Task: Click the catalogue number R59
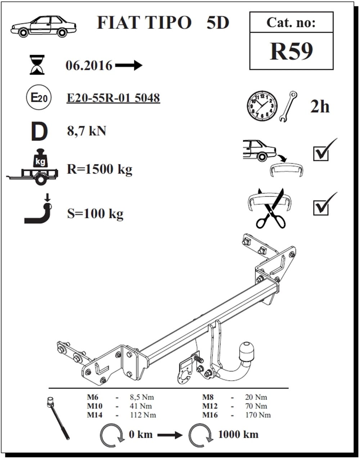click(x=291, y=51)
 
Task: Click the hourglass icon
click(x=37, y=65)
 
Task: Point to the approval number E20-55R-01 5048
click(x=113, y=98)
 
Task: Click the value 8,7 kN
click(x=86, y=131)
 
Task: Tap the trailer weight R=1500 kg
click(x=100, y=169)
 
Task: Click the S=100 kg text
click(x=95, y=214)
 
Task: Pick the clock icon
click(x=262, y=106)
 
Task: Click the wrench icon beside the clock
click(x=288, y=106)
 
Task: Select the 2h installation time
click(x=320, y=106)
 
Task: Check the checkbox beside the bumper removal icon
click(x=321, y=154)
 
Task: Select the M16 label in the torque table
click(x=210, y=415)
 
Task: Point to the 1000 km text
click(x=238, y=434)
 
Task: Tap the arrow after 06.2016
click(x=129, y=65)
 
